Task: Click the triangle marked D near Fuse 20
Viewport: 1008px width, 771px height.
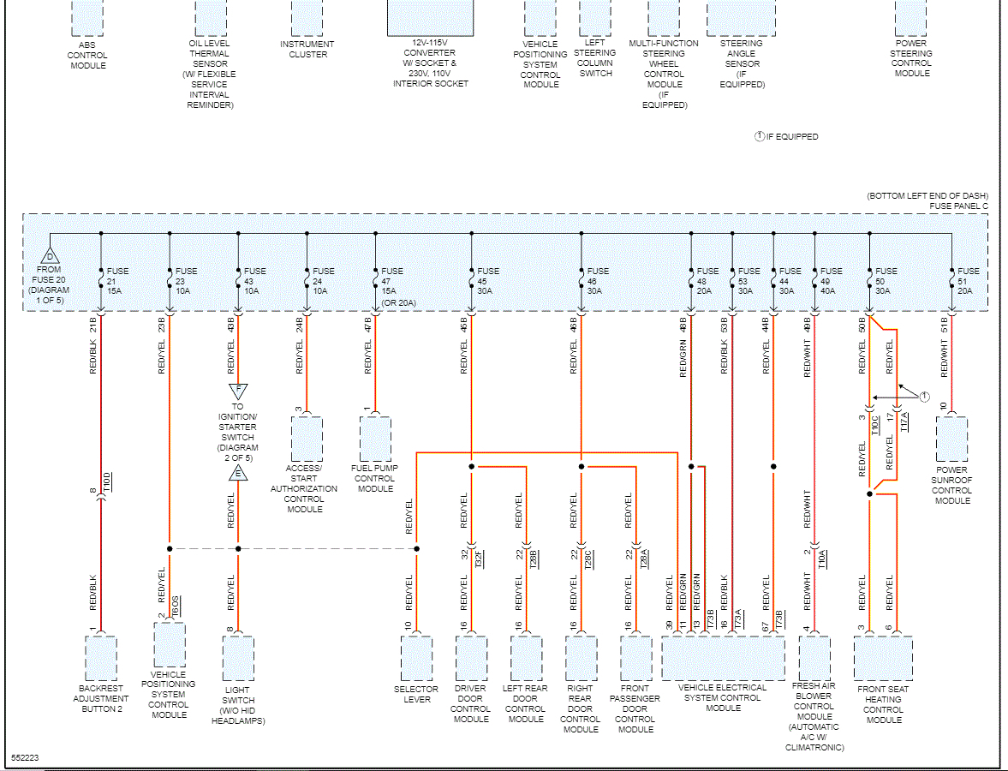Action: [x=50, y=256]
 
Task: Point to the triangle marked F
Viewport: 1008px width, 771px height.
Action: [x=238, y=391]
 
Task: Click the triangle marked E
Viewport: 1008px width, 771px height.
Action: [x=238, y=474]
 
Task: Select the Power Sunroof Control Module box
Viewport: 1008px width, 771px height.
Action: [x=951, y=439]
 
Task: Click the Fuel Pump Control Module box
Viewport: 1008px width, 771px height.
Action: [x=375, y=439]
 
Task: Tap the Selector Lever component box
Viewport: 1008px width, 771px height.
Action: [x=416, y=658]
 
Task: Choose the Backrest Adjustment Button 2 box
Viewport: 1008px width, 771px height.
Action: [x=101, y=658]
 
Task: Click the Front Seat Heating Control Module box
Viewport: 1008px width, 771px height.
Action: [x=883, y=658]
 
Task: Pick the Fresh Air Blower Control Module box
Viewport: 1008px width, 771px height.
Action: [x=814, y=658]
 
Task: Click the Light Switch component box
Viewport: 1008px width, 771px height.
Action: [x=238, y=658]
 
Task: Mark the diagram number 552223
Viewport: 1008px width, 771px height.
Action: [x=26, y=758]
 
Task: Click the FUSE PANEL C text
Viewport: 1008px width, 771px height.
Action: [x=958, y=206]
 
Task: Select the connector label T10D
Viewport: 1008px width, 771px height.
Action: [x=106, y=482]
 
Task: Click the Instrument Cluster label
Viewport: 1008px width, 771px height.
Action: [x=307, y=49]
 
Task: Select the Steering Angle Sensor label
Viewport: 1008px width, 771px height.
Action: [x=742, y=63]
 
